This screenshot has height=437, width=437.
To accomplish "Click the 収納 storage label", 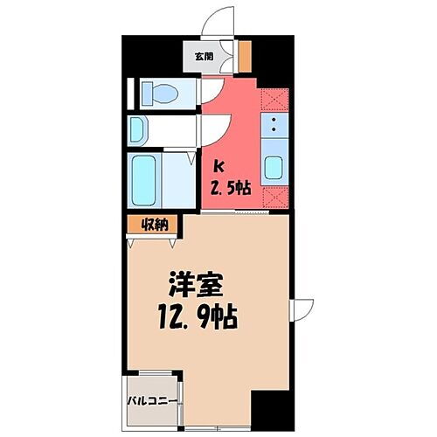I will click(154, 224).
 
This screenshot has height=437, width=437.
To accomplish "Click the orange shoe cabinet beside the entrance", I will click(246, 57).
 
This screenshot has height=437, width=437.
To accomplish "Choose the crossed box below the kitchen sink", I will click(274, 198).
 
